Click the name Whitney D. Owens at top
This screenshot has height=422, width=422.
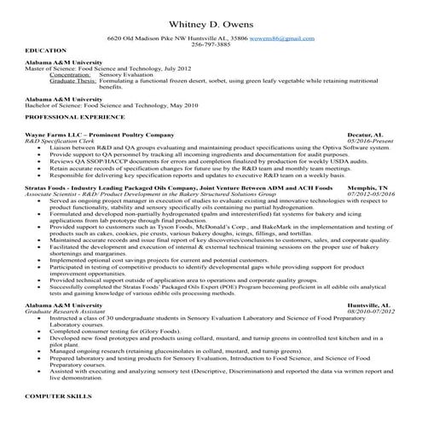coord(211,21)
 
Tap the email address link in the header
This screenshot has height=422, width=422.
coord(286,40)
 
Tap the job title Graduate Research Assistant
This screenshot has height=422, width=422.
coord(66,311)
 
